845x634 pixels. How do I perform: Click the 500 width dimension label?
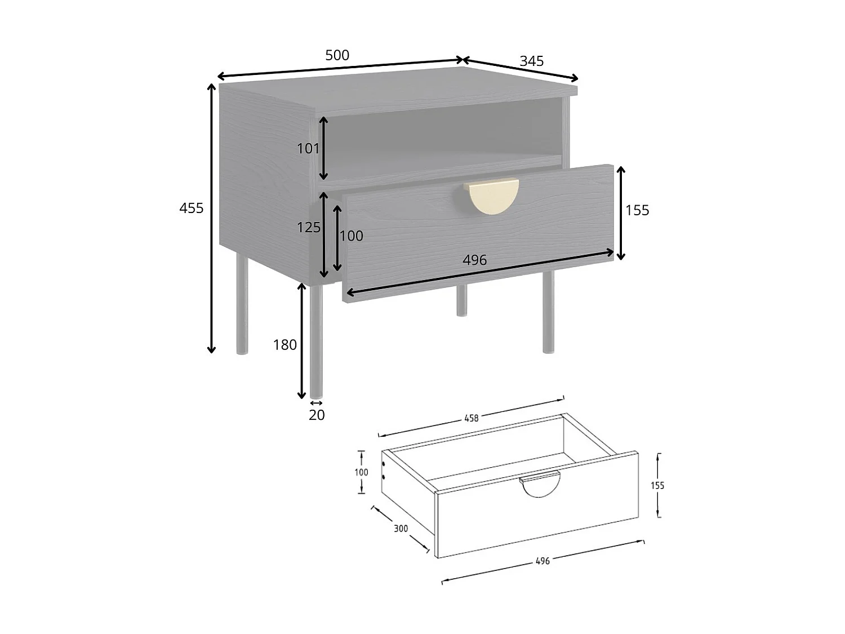337,55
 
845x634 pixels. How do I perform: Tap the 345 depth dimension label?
531,61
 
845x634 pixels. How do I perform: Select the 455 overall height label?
191,208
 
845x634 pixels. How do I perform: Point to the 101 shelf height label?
308,149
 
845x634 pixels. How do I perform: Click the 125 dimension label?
309,227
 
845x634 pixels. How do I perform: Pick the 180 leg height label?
284,345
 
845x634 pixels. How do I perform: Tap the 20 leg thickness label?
317,415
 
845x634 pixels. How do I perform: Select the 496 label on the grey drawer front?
474,260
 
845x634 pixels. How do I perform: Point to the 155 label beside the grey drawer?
637,210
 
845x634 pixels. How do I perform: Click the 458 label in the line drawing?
471,418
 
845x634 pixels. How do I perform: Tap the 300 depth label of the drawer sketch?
401,529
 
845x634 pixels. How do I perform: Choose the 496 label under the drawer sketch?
542,561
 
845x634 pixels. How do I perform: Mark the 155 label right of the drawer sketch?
657,485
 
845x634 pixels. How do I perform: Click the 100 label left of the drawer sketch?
361,472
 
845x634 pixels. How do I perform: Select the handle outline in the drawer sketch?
540,485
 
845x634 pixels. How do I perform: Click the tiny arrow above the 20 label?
317,402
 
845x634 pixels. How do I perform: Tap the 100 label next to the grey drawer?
351,236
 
